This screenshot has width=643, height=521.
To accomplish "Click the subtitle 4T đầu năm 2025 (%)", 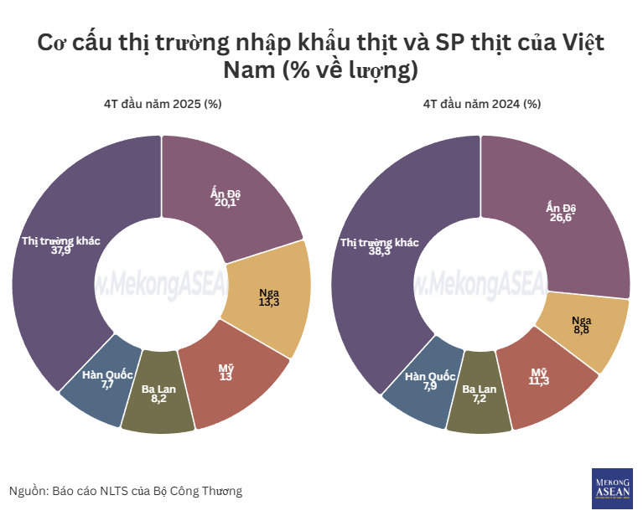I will [x=163, y=104].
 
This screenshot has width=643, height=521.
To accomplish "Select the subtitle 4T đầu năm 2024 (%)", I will [x=481, y=104].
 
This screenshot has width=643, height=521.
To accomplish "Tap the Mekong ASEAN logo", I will [x=612, y=487].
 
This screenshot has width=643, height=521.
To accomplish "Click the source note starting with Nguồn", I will [x=126, y=491].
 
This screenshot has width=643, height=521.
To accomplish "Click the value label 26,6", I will [x=563, y=219].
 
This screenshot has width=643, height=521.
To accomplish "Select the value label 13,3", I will [x=270, y=302].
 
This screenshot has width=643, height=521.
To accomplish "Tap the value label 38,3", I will [x=380, y=251].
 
